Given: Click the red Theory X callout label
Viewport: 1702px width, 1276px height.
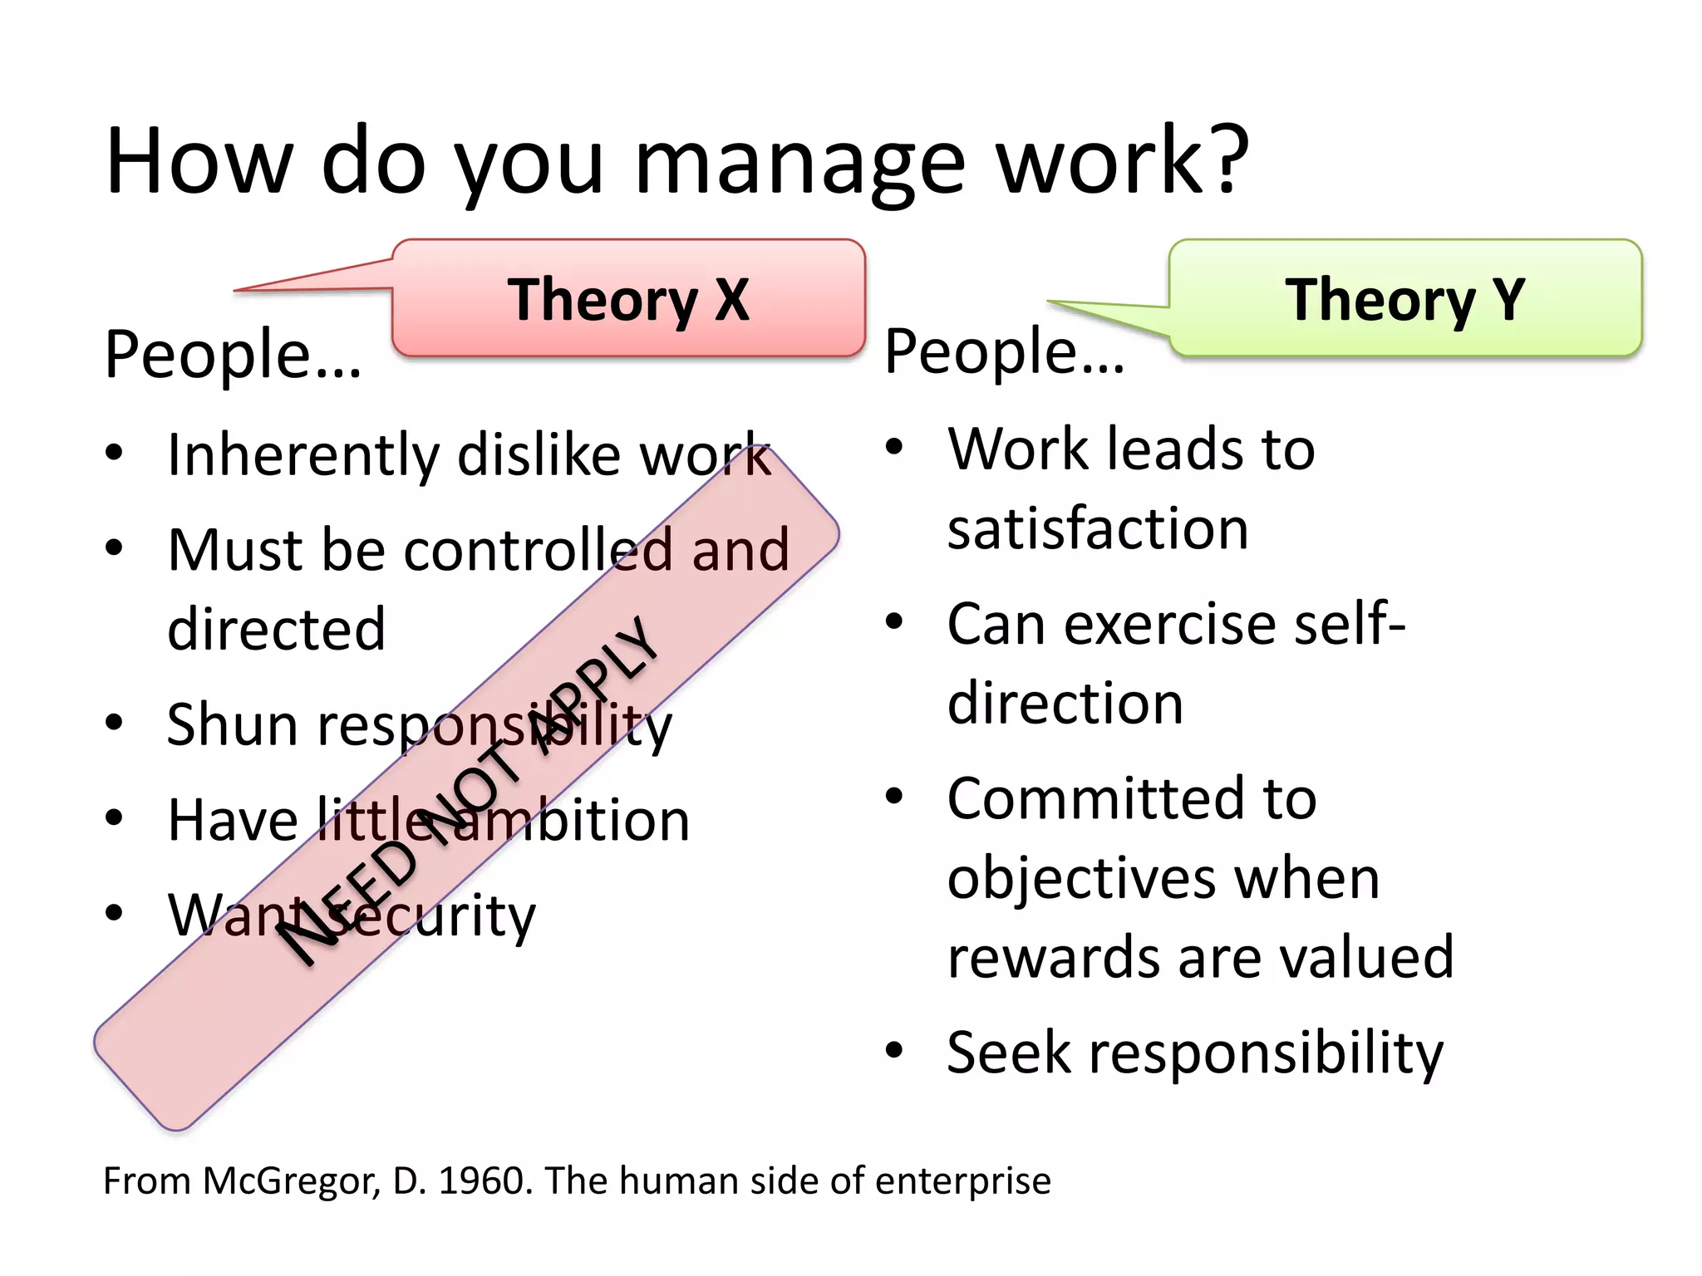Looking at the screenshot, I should [628, 299].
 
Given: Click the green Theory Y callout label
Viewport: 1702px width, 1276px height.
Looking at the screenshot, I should [1404, 299].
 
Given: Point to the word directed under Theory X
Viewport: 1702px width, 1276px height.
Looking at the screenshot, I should [276, 629].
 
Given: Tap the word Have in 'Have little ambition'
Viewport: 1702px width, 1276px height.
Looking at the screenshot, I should [233, 820].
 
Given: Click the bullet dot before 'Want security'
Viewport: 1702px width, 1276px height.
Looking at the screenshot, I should [114, 912].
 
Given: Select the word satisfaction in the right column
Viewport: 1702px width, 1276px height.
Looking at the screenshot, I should [1097, 528].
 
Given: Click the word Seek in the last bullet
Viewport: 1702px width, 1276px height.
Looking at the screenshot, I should [1008, 1053].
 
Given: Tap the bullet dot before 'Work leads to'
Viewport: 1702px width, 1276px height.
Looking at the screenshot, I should [893, 448].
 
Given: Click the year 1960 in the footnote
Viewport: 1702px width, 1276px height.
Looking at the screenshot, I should [485, 1180].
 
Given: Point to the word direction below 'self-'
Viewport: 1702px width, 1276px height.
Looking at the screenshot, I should [1065, 704].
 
